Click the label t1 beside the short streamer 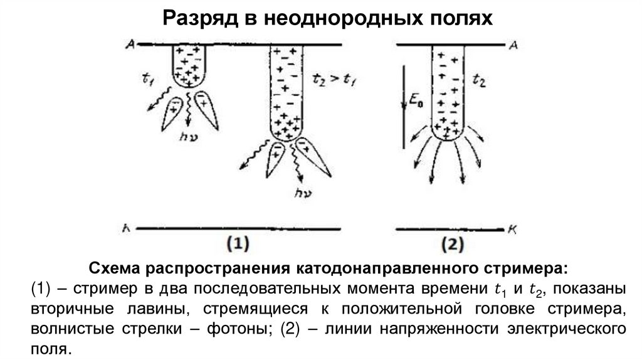click(x=149, y=80)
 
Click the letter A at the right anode click(x=512, y=45)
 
